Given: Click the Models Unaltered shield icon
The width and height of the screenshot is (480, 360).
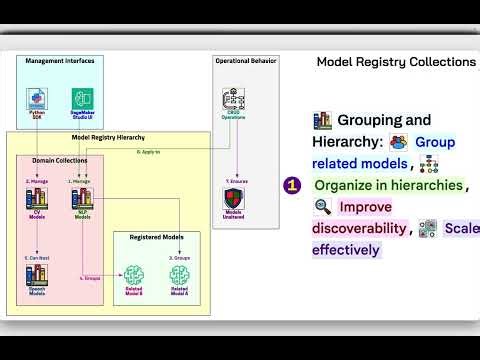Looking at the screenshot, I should click(x=233, y=196).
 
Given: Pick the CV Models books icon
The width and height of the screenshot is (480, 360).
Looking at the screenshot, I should click(x=37, y=197).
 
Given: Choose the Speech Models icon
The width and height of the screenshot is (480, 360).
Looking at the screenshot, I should click(x=37, y=272).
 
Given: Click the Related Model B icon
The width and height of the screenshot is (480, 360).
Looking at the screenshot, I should click(x=135, y=272).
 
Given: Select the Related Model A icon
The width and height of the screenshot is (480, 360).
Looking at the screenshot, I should click(x=180, y=272).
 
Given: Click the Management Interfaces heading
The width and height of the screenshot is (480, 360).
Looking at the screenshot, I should click(x=59, y=60).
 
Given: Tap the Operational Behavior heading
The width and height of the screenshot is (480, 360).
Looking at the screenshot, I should click(x=244, y=60).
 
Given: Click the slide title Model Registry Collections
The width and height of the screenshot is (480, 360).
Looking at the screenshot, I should click(x=396, y=62).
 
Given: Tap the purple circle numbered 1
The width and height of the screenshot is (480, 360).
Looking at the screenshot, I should click(x=293, y=185).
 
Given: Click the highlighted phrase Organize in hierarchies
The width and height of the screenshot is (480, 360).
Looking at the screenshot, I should click(x=388, y=185).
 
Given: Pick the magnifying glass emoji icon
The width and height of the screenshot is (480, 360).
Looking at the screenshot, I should click(x=322, y=207).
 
